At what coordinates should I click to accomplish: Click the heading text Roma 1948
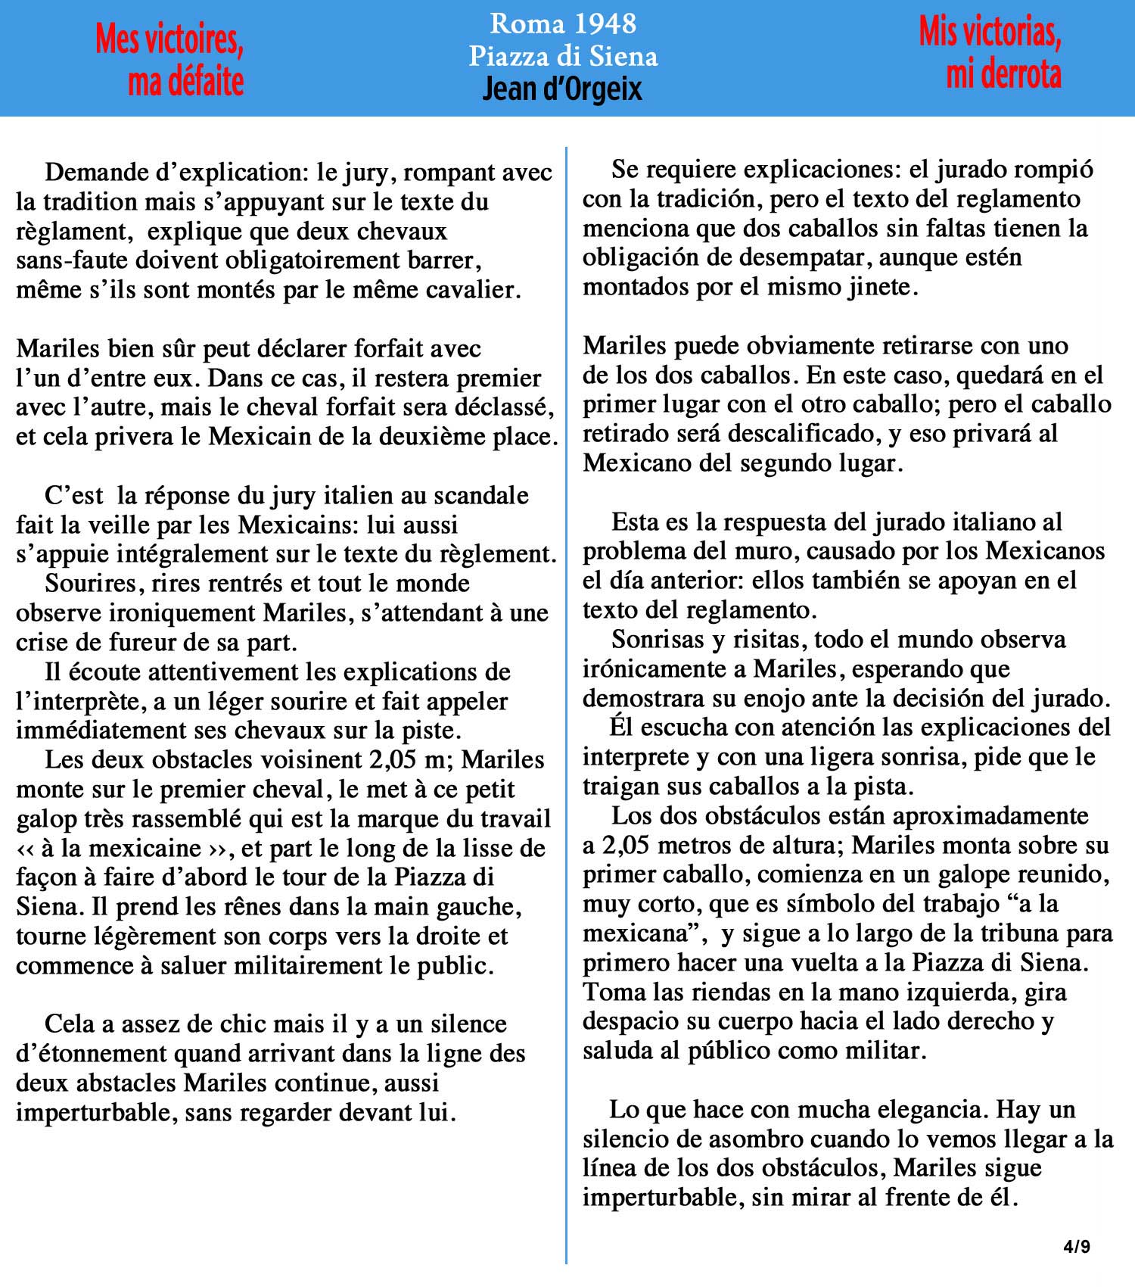(563, 23)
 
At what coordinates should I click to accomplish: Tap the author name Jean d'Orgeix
(562, 89)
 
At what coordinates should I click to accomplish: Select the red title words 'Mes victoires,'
(169, 39)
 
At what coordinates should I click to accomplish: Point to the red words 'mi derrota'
(1003, 74)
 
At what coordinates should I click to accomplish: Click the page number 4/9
(1077, 1246)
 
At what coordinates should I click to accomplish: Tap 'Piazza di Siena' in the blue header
(563, 56)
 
